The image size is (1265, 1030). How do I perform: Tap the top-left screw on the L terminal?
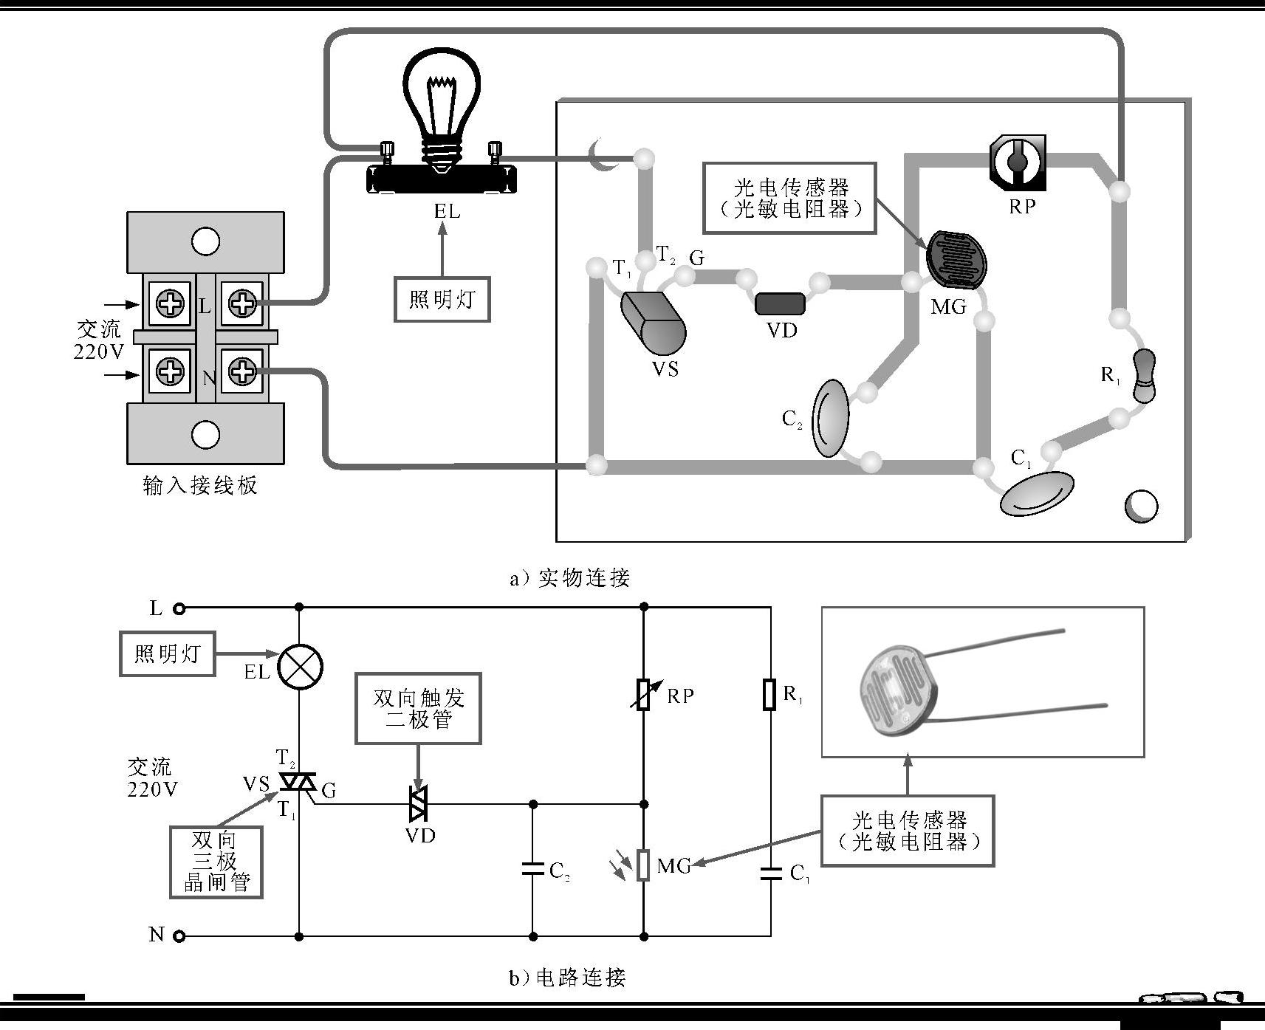(171, 303)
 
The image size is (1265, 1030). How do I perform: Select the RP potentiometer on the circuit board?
(1018, 159)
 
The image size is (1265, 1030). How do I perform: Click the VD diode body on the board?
(780, 303)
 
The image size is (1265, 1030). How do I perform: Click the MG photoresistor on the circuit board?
(956, 260)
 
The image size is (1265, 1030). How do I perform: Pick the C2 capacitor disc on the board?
(831, 419)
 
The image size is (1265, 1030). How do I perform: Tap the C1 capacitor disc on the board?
(1037, 492)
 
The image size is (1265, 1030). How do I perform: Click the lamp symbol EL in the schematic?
(300, 667)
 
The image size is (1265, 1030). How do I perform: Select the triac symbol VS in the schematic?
(298, 781)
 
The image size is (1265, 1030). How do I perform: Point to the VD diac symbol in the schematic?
(419, 804)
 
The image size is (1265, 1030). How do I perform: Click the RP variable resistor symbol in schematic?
(643, 694)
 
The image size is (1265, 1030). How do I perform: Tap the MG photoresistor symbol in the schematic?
(643, 865)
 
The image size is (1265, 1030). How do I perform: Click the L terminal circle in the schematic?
(179, 608)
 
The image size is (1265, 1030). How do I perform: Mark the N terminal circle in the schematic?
(179, 936)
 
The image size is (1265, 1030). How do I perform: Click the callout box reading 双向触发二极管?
(418, 708)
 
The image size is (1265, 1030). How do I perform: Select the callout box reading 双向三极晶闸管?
(216, 862)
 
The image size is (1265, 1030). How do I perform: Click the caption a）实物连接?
(569, 578)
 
